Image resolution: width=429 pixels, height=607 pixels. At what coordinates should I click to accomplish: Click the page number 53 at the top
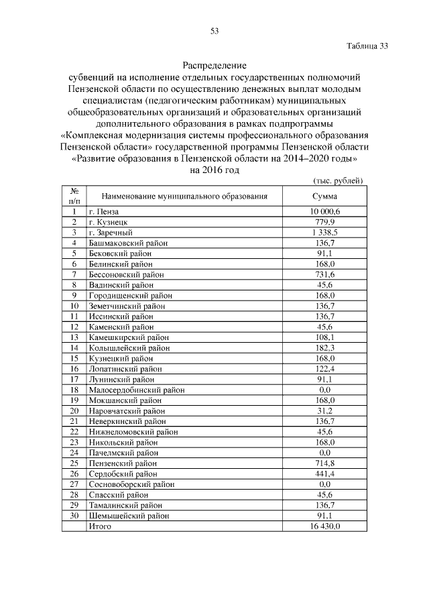click(x=214, y=31)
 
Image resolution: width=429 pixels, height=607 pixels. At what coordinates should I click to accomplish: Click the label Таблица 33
click(x=367, y=47)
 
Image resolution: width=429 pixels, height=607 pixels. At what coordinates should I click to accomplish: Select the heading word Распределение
click(x=214, y=66)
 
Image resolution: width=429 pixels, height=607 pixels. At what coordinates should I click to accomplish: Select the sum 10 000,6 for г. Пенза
click(x=325, y=211)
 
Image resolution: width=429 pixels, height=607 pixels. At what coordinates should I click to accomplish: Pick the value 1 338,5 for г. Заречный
click(x=325, y=233)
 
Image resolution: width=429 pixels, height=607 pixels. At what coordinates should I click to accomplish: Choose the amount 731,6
click(x=325, y=274)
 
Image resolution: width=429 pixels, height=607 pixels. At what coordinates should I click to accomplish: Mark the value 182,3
click(x=325, y=348)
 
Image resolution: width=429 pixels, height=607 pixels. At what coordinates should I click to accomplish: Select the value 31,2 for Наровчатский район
click(x=325, y=410)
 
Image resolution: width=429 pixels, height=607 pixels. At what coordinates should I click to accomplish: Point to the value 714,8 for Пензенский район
click(x=325, y=463)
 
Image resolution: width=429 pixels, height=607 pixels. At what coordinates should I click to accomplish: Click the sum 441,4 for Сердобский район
click(x=325, y=474)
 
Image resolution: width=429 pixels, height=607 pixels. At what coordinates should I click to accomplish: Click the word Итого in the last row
click(x=99, y=527)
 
